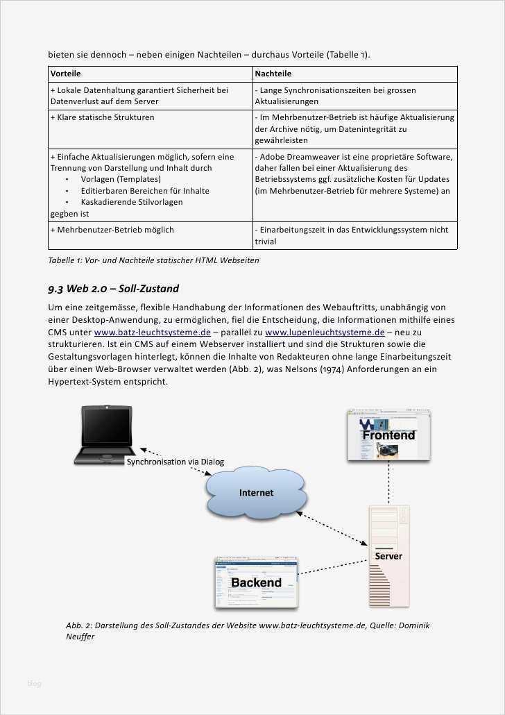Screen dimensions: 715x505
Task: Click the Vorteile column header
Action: pos(66,74)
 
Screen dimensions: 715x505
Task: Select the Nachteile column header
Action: pos(273,74)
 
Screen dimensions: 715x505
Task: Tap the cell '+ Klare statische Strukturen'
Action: pos(102,117)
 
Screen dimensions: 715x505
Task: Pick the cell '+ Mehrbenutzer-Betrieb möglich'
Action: pos(112,230)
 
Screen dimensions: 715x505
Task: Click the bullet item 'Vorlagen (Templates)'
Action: pos(120,179)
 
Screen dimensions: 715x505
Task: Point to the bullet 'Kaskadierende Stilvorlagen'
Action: pos(131,202)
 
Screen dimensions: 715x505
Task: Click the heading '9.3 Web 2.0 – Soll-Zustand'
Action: pos(113,289)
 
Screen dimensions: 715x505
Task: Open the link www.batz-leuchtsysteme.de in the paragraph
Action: pos(152,333)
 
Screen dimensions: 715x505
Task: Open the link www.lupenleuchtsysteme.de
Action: pos(325,333)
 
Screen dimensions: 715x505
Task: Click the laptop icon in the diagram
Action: pos(106,435)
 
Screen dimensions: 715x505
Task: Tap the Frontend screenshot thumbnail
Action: pos(388,435)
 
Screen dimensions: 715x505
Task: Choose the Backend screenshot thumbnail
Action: pos(256,582)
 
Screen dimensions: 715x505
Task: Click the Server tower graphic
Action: pos(389,555)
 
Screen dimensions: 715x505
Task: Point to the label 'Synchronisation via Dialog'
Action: pos(175,462)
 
